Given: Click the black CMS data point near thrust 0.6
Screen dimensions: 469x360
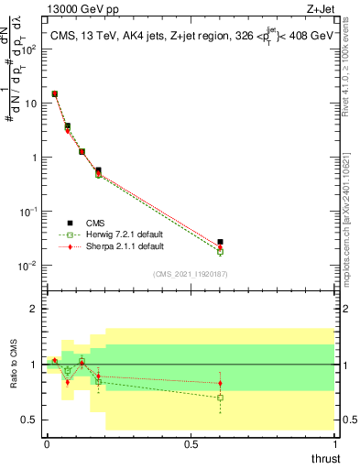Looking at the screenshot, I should [220, 242].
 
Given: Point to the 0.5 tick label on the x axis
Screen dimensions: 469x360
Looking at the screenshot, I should [191, 444].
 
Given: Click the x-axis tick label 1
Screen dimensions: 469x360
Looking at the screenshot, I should [335, 444].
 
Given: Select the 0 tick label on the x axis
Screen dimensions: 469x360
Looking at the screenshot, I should [47, 444].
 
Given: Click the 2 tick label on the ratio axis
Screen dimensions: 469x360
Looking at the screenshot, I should [34, 309].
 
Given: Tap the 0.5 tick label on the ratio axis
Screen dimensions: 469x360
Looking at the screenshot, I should [29, 420].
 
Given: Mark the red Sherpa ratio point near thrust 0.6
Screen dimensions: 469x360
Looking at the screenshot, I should [220, 383].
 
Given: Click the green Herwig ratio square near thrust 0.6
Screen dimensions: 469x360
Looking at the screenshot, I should [220, 398].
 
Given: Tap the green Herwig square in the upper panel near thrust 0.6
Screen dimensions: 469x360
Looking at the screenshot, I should [220, 251].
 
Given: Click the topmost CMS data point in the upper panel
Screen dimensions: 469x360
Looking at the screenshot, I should [55, 93].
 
